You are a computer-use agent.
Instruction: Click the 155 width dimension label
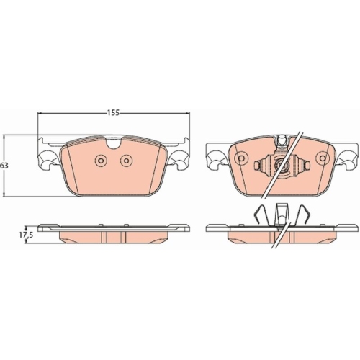pyautogui.click(x=113, y=113)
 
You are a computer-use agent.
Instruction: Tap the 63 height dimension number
pyautogui.click(x=4, y=166)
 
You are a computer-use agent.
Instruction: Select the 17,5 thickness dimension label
pyautogui.click(x=26, y=235)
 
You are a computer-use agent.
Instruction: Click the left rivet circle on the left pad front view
pyautogui.click(x=101, y=161)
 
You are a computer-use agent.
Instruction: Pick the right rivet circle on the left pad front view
pyautogui.click(x=126, y=161)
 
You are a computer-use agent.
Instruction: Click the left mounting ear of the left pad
pyautogui.click(x=48, y=159)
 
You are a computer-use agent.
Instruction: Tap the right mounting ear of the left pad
pyautogui.click(x=179, y=159)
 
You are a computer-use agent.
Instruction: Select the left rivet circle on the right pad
pyautogui.click(x=241, y=158)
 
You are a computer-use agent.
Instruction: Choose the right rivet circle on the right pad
pyautogui.click(x=323, y=158)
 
